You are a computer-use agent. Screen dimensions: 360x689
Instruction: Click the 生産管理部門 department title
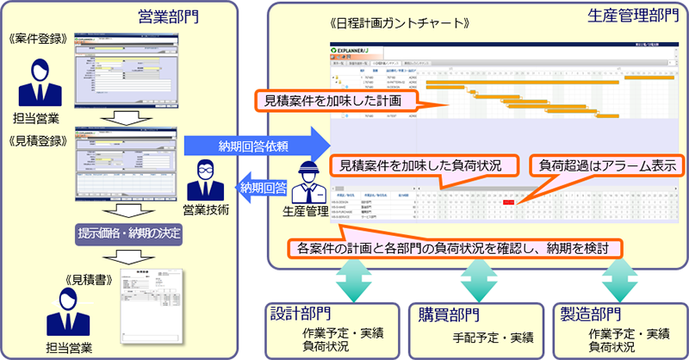632,16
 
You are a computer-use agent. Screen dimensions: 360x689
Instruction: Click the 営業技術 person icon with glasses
205,177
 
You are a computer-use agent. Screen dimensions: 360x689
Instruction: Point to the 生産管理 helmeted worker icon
308,182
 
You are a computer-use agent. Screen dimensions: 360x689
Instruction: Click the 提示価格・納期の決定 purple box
127,233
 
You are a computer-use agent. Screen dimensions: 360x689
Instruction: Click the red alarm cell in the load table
509,202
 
